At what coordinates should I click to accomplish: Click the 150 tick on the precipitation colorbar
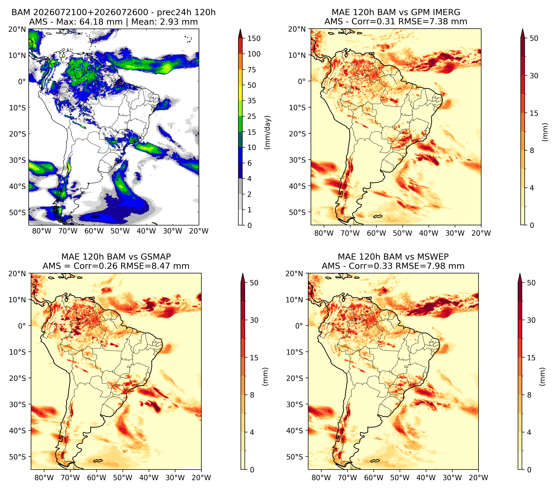(254, 38)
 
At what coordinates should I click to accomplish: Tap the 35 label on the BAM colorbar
(251, 101)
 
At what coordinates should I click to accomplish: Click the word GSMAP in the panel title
(156, 257)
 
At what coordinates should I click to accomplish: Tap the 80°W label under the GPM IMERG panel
(324, 233)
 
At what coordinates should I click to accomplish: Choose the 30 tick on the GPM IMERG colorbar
(534, 76)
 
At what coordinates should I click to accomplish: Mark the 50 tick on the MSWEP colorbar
(531, 283)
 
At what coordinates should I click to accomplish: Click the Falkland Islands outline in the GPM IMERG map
(378, 216)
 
